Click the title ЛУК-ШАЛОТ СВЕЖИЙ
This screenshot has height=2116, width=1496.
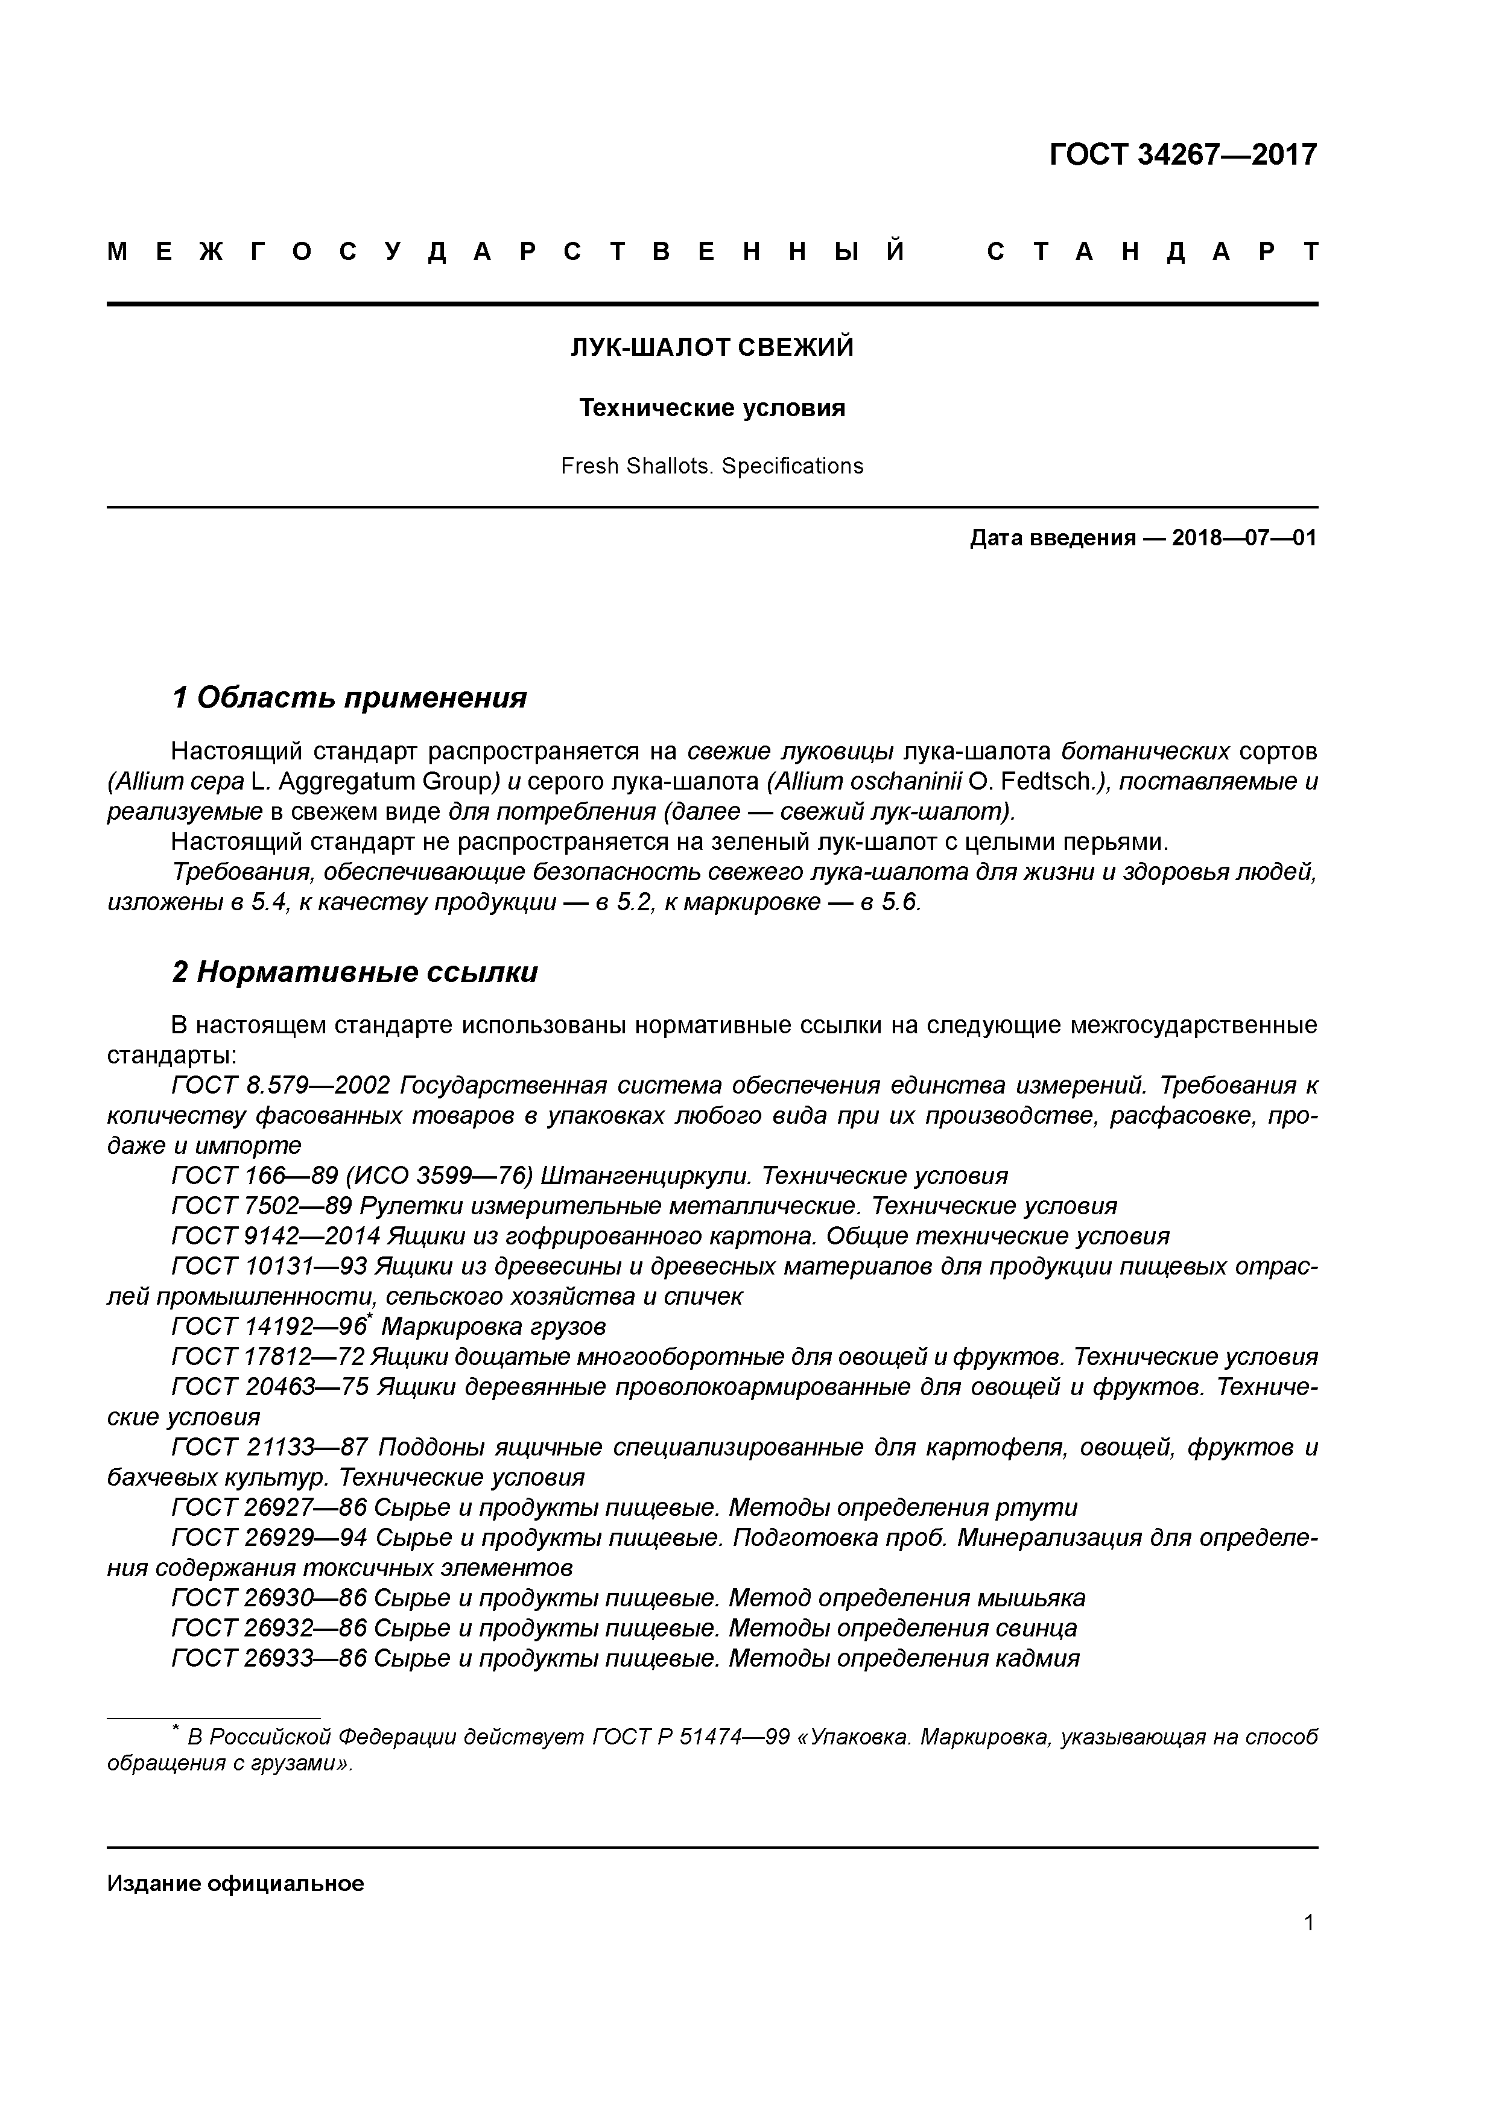[x=712, y=347]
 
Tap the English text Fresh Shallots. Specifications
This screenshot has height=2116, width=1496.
[x=712, y=466]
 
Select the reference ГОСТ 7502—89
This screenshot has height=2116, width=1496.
[x=262, y=1205]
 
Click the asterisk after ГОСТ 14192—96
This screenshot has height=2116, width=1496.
[x=370, y=1320]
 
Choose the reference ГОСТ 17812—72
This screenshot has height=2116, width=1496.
[x=269, y=1357]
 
